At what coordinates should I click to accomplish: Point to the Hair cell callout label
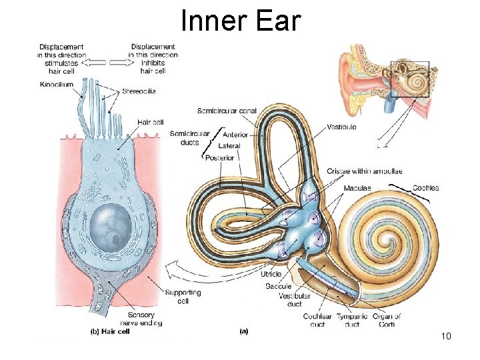point(151,122)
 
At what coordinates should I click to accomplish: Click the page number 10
point(446,336)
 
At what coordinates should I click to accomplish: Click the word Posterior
point(221,158)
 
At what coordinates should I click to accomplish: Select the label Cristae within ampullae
point(364,171)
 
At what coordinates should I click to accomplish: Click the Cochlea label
point(425,188)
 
